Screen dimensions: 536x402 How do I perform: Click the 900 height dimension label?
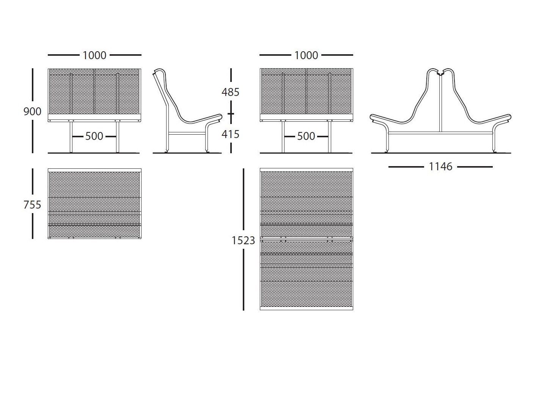click(32, 111)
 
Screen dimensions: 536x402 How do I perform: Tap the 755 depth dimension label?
click(32, 205)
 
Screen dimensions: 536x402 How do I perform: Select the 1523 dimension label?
click(243, 241)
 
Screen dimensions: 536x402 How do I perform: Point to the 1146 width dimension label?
click(440, 167)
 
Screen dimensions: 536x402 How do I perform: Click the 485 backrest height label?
click(231, 92)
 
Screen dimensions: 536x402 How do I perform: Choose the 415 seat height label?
click(231, 134)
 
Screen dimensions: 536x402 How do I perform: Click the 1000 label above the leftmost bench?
click(94, 55)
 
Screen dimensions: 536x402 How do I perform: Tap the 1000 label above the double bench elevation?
click(306, 55)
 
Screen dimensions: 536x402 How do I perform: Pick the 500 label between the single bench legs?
click(94, 136)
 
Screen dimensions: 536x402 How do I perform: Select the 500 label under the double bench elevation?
click(306, 136)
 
